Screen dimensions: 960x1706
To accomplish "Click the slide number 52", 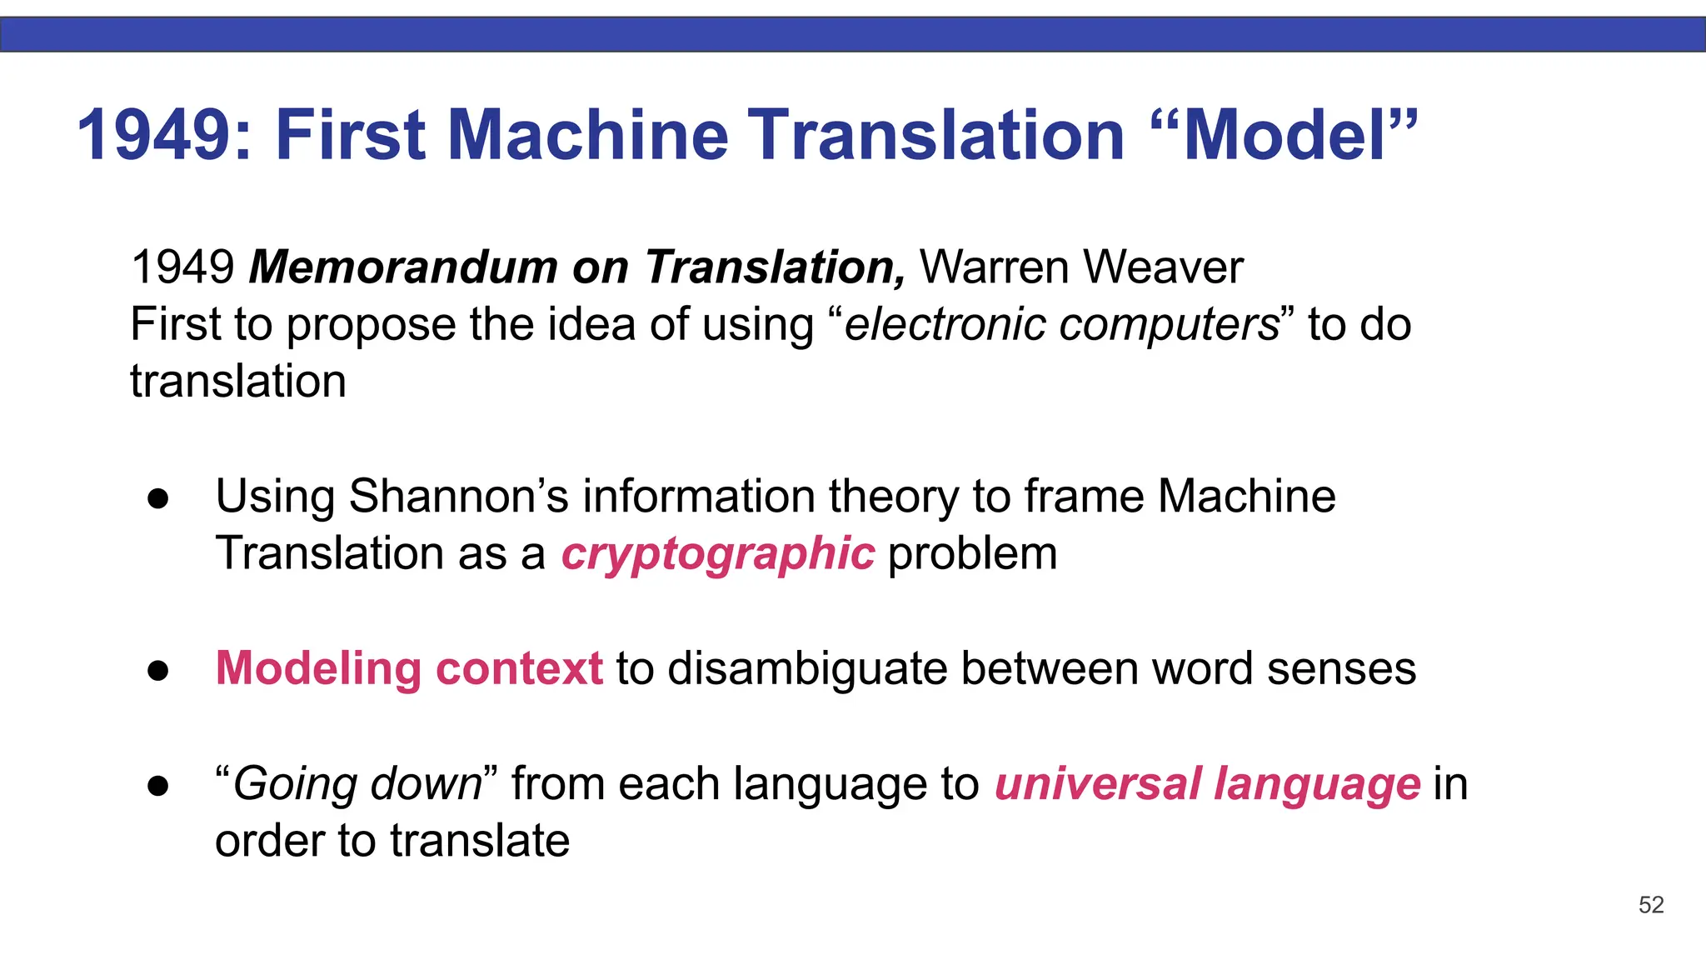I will click(x=1650, y=905).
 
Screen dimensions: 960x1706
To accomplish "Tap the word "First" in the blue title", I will click(x=351, y=135).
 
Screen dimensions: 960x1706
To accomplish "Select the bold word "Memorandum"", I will click(x=403, y=267).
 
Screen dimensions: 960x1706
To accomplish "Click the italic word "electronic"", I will click(x=944, y=324).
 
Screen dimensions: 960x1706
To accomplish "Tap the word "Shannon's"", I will click(x=458, y=497).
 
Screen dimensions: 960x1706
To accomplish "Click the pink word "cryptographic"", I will click(x=718, y=554).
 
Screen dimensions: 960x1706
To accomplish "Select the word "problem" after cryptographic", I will click(x=972, y=554).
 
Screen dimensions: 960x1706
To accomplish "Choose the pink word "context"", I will click(x=518, y=669).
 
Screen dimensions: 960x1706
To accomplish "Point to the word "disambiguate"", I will click(x=807, y=669).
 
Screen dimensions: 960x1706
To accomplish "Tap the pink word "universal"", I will click(x=1098, y=784).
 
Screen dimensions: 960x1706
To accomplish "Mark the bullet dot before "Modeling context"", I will click(x=158, y=671).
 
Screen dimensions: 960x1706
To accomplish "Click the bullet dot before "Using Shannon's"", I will click(x=158, y=499).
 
